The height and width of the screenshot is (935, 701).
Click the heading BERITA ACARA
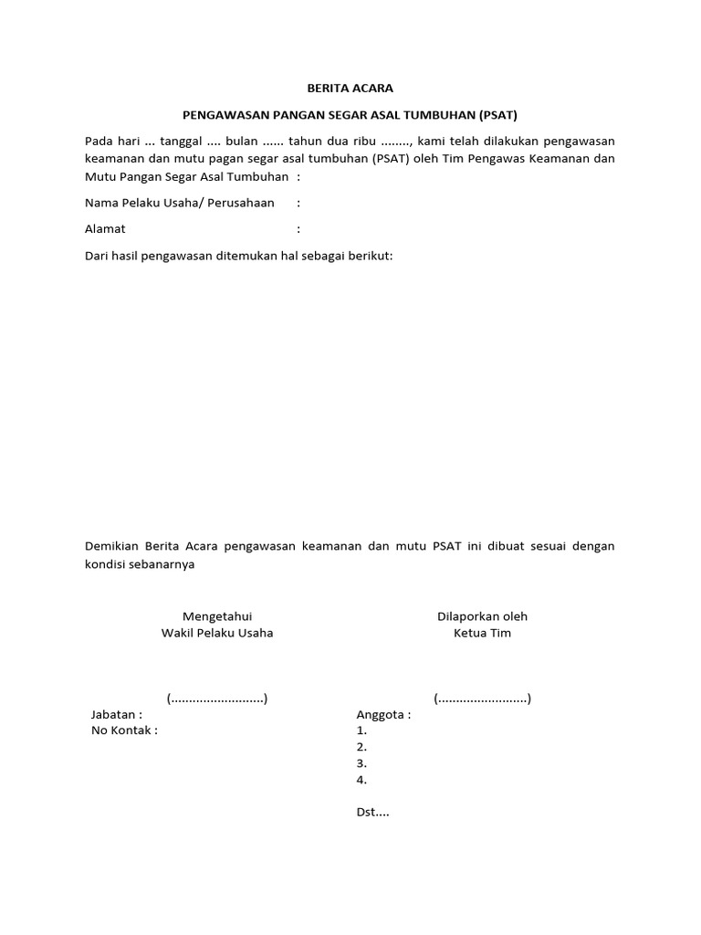[350, 89]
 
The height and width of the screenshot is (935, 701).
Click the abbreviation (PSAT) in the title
[497, 115]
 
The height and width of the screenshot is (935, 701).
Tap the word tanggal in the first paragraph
[182, 141]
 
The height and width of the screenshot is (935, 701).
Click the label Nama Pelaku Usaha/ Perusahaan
[180, 203]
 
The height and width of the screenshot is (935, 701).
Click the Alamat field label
[105, 229]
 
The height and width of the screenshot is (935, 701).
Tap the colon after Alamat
[298, 229]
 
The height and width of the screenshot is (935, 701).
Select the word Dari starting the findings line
[97, 256]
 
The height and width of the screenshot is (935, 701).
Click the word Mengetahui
[217, 616]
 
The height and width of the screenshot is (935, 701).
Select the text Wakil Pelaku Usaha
[217, 633]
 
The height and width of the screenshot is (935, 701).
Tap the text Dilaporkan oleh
[482, 616]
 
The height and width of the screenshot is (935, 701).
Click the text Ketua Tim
[482, 633]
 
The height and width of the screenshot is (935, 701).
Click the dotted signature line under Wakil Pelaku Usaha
[217, 699]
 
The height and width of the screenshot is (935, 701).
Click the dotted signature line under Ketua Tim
[482, 699]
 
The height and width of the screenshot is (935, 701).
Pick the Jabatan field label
[116, 715]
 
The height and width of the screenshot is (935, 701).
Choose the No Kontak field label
[124, 730]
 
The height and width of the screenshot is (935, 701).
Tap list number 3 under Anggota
[361, 763]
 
